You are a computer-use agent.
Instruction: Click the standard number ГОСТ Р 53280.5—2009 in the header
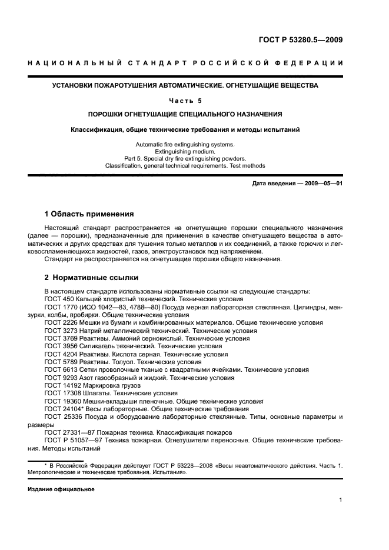[x=301, y=40]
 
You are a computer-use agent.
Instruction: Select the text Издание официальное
[x=61, y=489]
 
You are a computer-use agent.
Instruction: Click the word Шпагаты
[x=97, y=393]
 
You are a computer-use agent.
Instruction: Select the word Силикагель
[x=98, y=346]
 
